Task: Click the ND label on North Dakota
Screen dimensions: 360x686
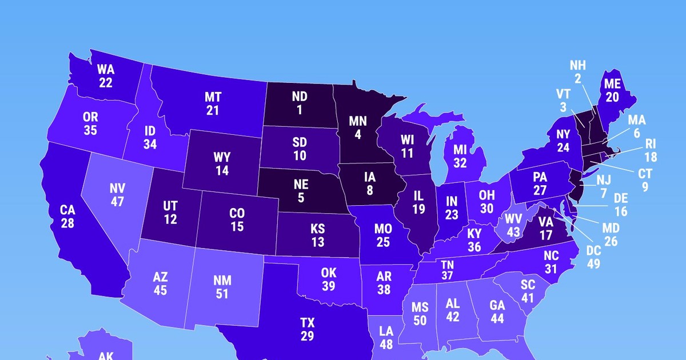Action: pos(299,97)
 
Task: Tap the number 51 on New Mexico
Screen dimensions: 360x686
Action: pos(222,294)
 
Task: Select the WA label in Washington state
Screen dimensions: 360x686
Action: pos(106,69)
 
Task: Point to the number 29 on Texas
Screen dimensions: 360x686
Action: pos(307,336)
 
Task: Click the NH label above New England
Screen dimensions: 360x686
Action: pos(578,66)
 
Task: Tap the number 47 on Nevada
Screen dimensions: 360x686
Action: pos(117,202)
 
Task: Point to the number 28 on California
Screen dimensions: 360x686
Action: pos(67,223)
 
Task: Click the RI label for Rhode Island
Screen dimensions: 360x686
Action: pos(651,143)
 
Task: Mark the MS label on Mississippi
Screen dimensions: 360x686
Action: pos(420,307)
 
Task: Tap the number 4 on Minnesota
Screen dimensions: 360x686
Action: pos(357,135)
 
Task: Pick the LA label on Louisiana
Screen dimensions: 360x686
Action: pos(386,331)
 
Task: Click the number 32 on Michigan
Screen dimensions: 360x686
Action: pos(461,163)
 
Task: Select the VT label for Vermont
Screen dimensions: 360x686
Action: pos(563,94)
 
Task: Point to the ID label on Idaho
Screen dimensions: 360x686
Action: pos(150,131)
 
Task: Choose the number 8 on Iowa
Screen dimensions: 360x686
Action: pos(370,191)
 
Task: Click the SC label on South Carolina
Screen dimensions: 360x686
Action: pos(527,285)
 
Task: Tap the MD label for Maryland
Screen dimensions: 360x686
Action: pos(611,228)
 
